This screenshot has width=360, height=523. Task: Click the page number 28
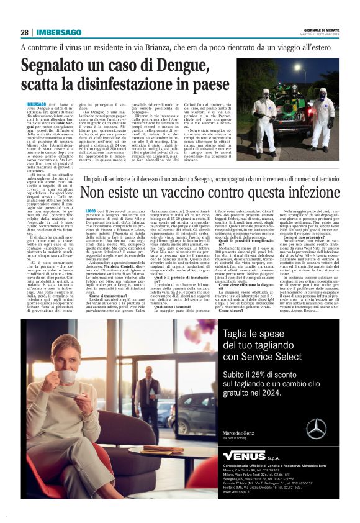pyautogui.click(x=25, y=32)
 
